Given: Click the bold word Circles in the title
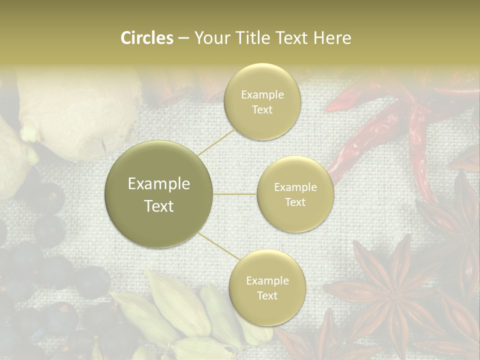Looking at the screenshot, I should coord(147,38).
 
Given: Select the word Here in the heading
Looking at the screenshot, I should coord(331,38).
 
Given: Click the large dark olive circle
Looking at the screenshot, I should coord(159,194).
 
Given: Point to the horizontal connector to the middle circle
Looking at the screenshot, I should coord(235,194).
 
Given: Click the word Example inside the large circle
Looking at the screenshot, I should coord(159,184).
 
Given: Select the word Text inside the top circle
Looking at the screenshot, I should coord(262,110).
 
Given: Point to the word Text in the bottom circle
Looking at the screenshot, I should coord(267,295).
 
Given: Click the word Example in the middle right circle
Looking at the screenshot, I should coord(295,187).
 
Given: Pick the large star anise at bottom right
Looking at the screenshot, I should coord(395,295).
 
